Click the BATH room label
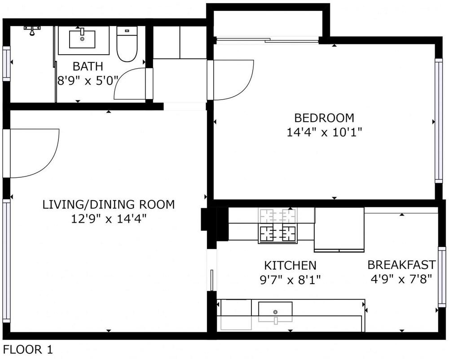[x=88, y=66]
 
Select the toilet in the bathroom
[x=127, y=45]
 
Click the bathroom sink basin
[x=83, y=39]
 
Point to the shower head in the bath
[x=32, y=31]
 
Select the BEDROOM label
[x=324, y=118]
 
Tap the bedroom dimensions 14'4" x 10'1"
[x=324, y=132]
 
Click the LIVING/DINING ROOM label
[x=108, y=205]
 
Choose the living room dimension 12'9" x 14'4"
[x=108, y=219]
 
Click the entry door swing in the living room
[x=34, y=153]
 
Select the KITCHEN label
[x=290, y=265]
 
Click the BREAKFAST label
[x=401, y=264]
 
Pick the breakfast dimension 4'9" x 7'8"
[x=401, y=278]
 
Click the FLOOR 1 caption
[x=28, y=350]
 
